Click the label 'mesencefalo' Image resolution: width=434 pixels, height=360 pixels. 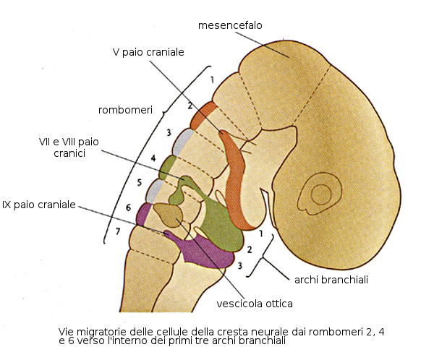click(x=229, y=26)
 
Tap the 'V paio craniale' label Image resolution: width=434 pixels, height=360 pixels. click(x=149, y=52)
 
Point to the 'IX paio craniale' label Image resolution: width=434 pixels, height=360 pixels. click(x=39, y=205)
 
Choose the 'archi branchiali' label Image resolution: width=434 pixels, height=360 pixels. click(x=332, y=279)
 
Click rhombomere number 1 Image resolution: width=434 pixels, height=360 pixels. click(x=212, y=79)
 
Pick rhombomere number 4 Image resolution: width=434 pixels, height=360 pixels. click(x=153, y=158)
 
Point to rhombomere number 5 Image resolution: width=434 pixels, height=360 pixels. click(x=139, y=181)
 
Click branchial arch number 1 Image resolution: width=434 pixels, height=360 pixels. click(x=260, y=233)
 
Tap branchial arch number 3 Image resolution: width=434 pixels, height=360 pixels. click(x=239, y=265)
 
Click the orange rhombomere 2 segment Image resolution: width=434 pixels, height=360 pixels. click(x=207, y=111)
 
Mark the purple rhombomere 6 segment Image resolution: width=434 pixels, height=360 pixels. click(x=145, y=214)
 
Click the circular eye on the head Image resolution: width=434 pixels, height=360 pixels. click(x=320, y=193)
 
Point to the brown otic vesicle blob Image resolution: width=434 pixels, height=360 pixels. click(x=170, y=215)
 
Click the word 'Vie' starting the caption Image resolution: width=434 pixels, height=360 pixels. click(x=66, y=331)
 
